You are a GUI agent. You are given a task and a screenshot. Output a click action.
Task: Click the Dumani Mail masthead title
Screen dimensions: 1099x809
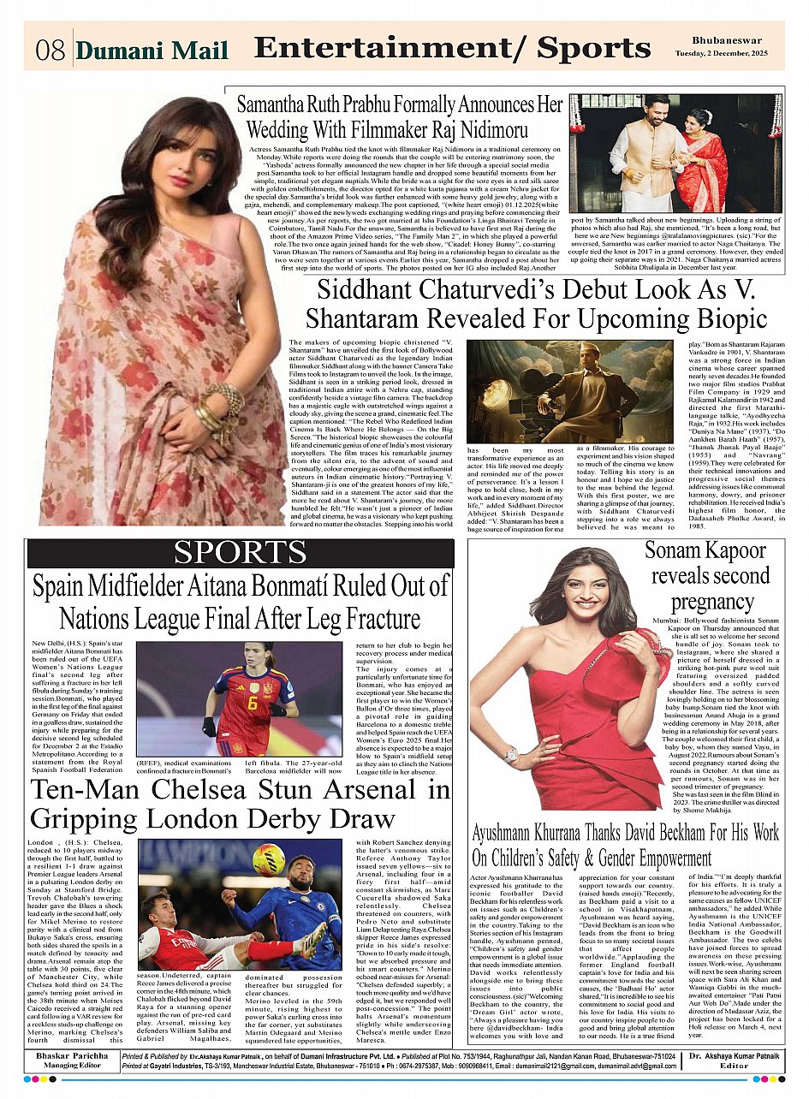coord(152,51)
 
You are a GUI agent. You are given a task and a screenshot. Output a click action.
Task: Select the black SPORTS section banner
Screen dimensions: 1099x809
coord(241,554)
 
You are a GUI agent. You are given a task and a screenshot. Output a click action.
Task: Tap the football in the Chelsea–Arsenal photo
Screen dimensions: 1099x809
coord(269,859)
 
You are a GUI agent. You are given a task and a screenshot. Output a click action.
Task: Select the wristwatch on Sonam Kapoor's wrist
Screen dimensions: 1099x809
coord(511,754)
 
